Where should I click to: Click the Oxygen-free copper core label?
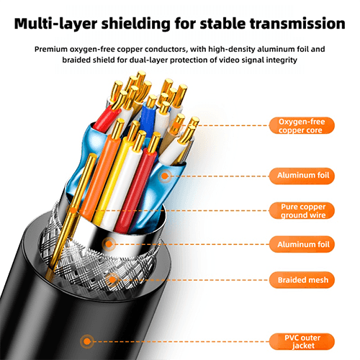302,125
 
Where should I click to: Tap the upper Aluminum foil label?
302,176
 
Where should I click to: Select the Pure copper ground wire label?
302,210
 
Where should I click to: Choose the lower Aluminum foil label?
302,244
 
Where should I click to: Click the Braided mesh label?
302,280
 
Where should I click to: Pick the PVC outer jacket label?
302,341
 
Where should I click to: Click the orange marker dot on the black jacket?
87,341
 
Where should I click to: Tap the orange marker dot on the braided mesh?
112,280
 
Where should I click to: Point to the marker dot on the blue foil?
165,176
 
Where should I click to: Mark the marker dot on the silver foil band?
109,244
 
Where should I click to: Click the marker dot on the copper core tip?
176,125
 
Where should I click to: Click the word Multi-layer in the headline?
55,24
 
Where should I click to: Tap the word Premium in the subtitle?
51,49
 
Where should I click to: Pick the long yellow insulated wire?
114,178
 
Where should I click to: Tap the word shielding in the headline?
136,24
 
